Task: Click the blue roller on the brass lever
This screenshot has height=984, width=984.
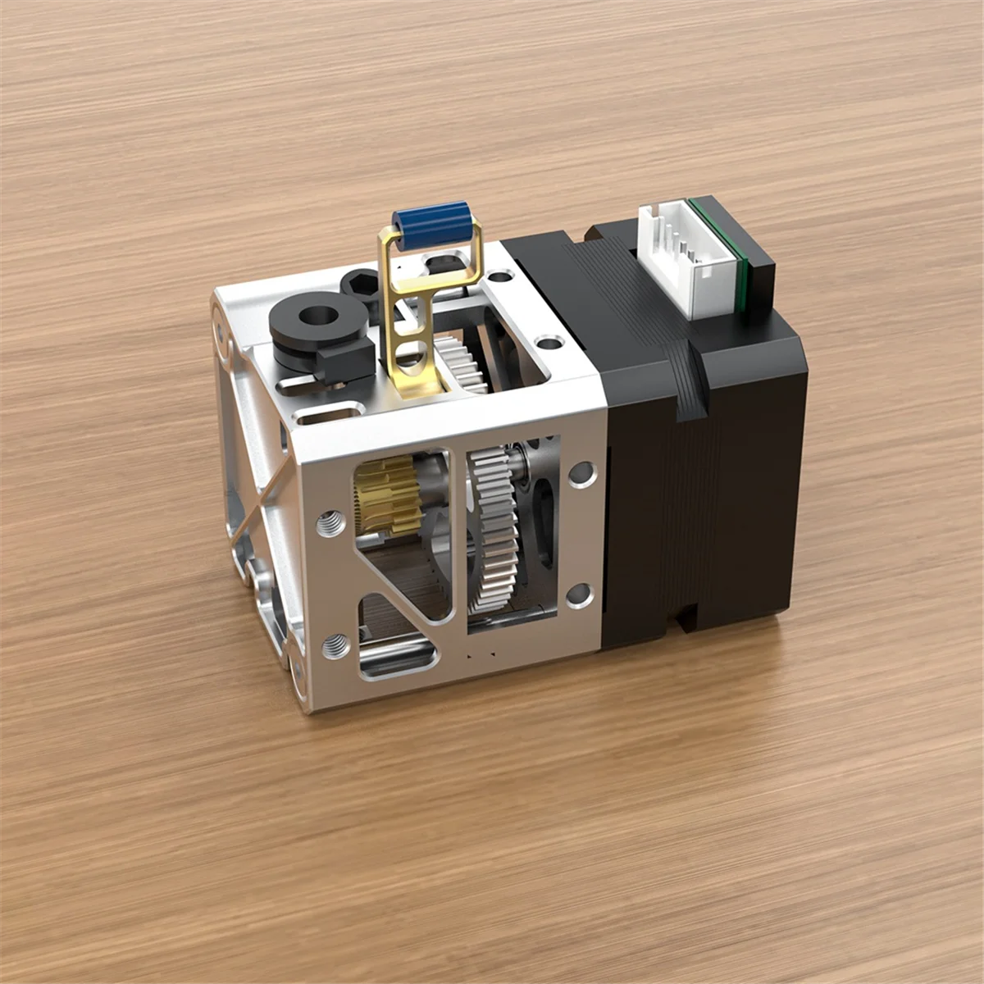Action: [424, 221]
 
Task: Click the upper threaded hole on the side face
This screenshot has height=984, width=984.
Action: [331, 520]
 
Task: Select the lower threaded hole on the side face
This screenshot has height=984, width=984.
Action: [333, 646]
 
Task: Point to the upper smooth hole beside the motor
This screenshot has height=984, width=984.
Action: [583, 473]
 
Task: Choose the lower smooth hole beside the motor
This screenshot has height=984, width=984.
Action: [580, 593]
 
